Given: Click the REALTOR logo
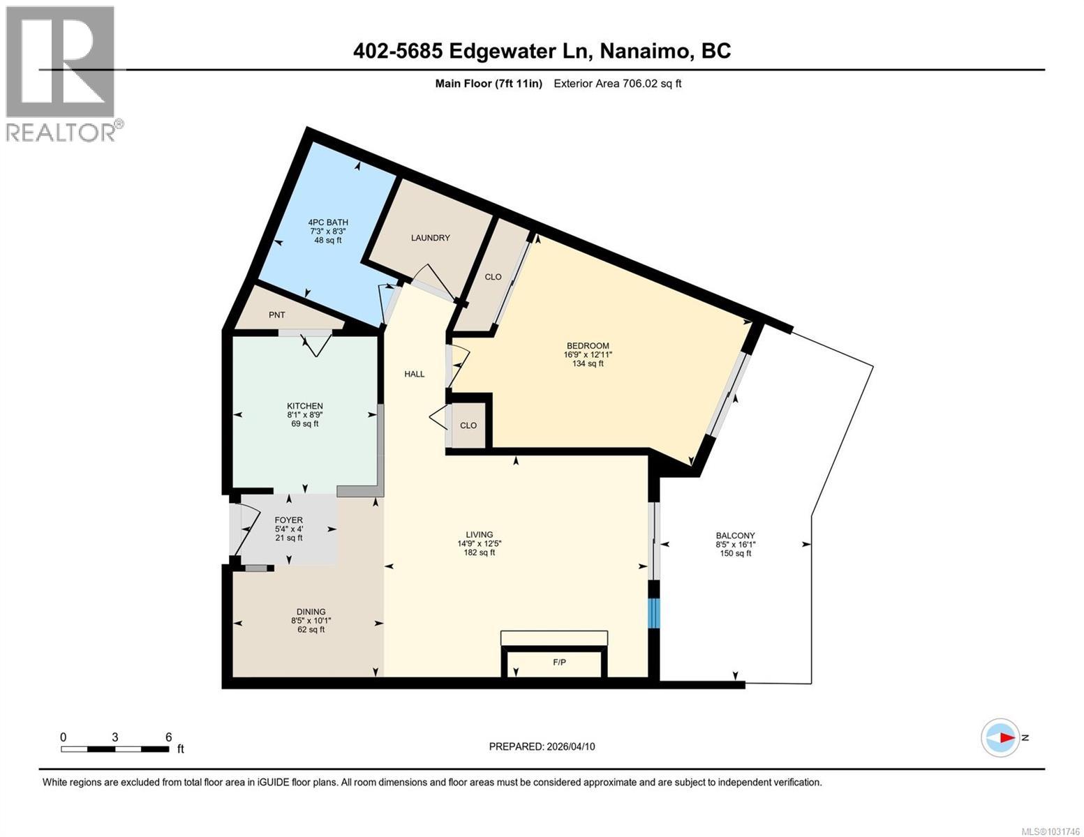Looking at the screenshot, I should coord(61,73).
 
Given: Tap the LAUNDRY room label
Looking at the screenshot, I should coord(430,238).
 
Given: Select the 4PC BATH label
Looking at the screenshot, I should coord(328,223).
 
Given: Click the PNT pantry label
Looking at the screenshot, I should coord(277,315).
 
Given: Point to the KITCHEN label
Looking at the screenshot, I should coord(305,406).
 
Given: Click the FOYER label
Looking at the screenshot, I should coord(288,520).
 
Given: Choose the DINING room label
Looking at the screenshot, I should coord(308,612).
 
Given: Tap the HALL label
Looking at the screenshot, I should coord(414,375).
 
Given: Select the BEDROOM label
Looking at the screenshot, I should coord(588,346).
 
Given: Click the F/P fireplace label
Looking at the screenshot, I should coord(559,662).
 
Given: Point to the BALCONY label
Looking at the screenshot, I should coord(735,536).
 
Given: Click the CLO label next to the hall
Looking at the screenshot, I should coord(468,425).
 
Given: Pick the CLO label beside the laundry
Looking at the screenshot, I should coord(493,277).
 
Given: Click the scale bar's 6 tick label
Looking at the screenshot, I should coord(168,737).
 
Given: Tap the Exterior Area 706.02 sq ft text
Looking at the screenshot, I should coord(617,84).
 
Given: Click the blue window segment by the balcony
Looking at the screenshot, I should coord(653,613).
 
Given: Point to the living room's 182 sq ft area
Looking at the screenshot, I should coord(480,552).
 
